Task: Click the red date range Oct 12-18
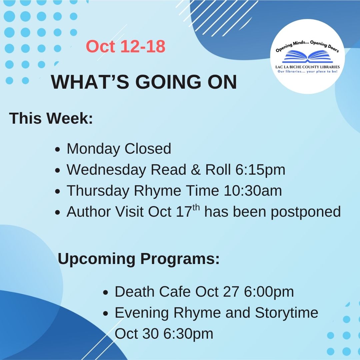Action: click(x=126, y=46)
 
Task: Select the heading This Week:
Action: click(x=51, y=119)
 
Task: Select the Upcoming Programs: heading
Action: click(x=139, y=259)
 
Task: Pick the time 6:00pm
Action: click(x=269, y=292)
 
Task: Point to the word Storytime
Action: click(x=287, y=313)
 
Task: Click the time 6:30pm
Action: click(x=188, y=334)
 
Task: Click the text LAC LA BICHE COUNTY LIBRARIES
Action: click(x=307, y=67)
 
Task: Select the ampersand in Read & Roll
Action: click(x=195, y=170)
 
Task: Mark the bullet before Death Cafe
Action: click(x=106, y=293)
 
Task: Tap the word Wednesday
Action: click(x=107, y=170)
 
